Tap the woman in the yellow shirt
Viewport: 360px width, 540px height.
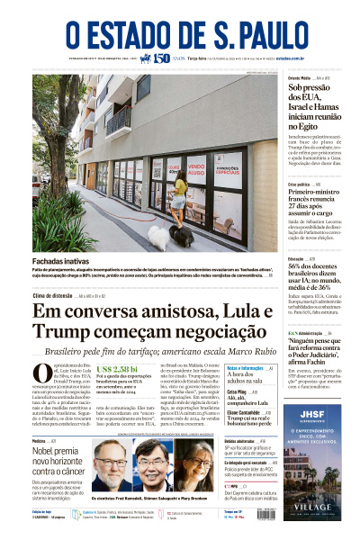coord(180,198)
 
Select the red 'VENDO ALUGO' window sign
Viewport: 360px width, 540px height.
coord(195,168)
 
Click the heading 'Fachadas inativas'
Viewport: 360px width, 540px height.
coord(61,261)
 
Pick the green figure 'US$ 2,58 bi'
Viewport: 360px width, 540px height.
coord(118,370)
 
